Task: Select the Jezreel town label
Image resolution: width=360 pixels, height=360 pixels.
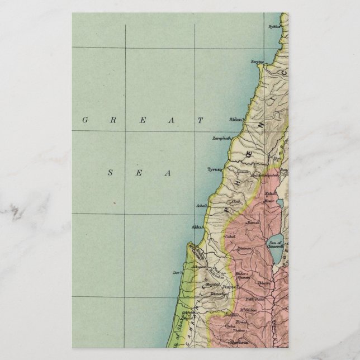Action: (x=230, y=287)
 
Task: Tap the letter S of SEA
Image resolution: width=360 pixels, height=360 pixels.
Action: (x=110, y=173)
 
